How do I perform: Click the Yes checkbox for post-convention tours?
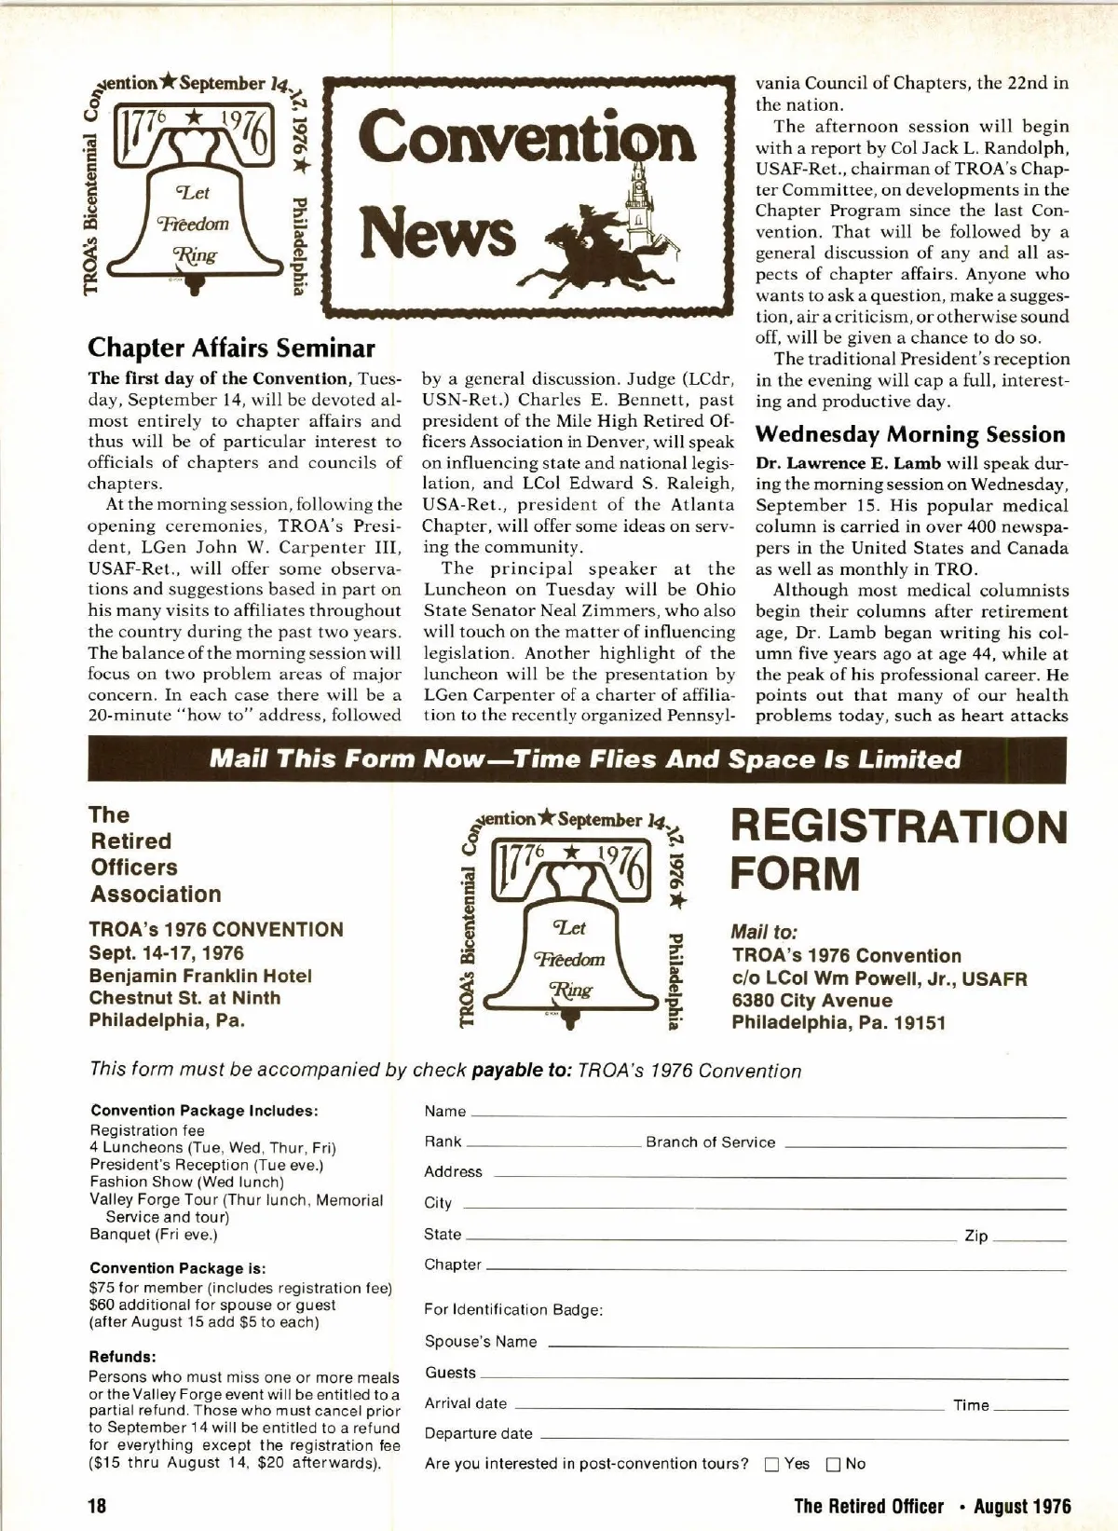(x=771, y=1464)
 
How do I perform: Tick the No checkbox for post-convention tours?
(x=833, y=1464)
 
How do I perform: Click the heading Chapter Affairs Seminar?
(x=231, y=349)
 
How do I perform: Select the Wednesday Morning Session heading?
(x=910, y=434)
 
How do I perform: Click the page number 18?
(x=98, y=1506)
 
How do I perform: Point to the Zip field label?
(x=975, y=1236)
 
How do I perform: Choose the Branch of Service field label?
(x=710, y=1142)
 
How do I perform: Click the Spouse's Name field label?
(x=481, y=1342)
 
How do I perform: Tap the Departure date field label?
(x=479, y=1433)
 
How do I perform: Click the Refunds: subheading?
(x=123, y=1356)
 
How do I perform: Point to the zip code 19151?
(x=920, y=1023)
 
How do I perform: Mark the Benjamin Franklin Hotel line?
(x=200, y=976)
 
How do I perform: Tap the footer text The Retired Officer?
(x=868, y=1506)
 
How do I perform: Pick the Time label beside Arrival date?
(x=971, y=1405)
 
